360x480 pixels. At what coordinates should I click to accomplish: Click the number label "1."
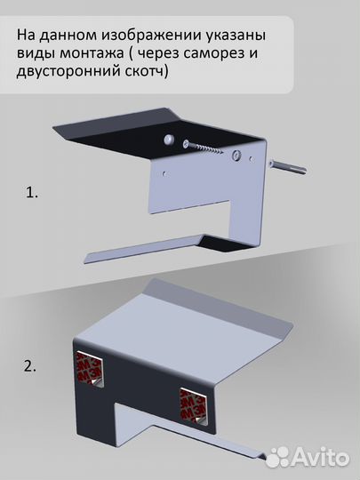(x=32, y=192)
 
